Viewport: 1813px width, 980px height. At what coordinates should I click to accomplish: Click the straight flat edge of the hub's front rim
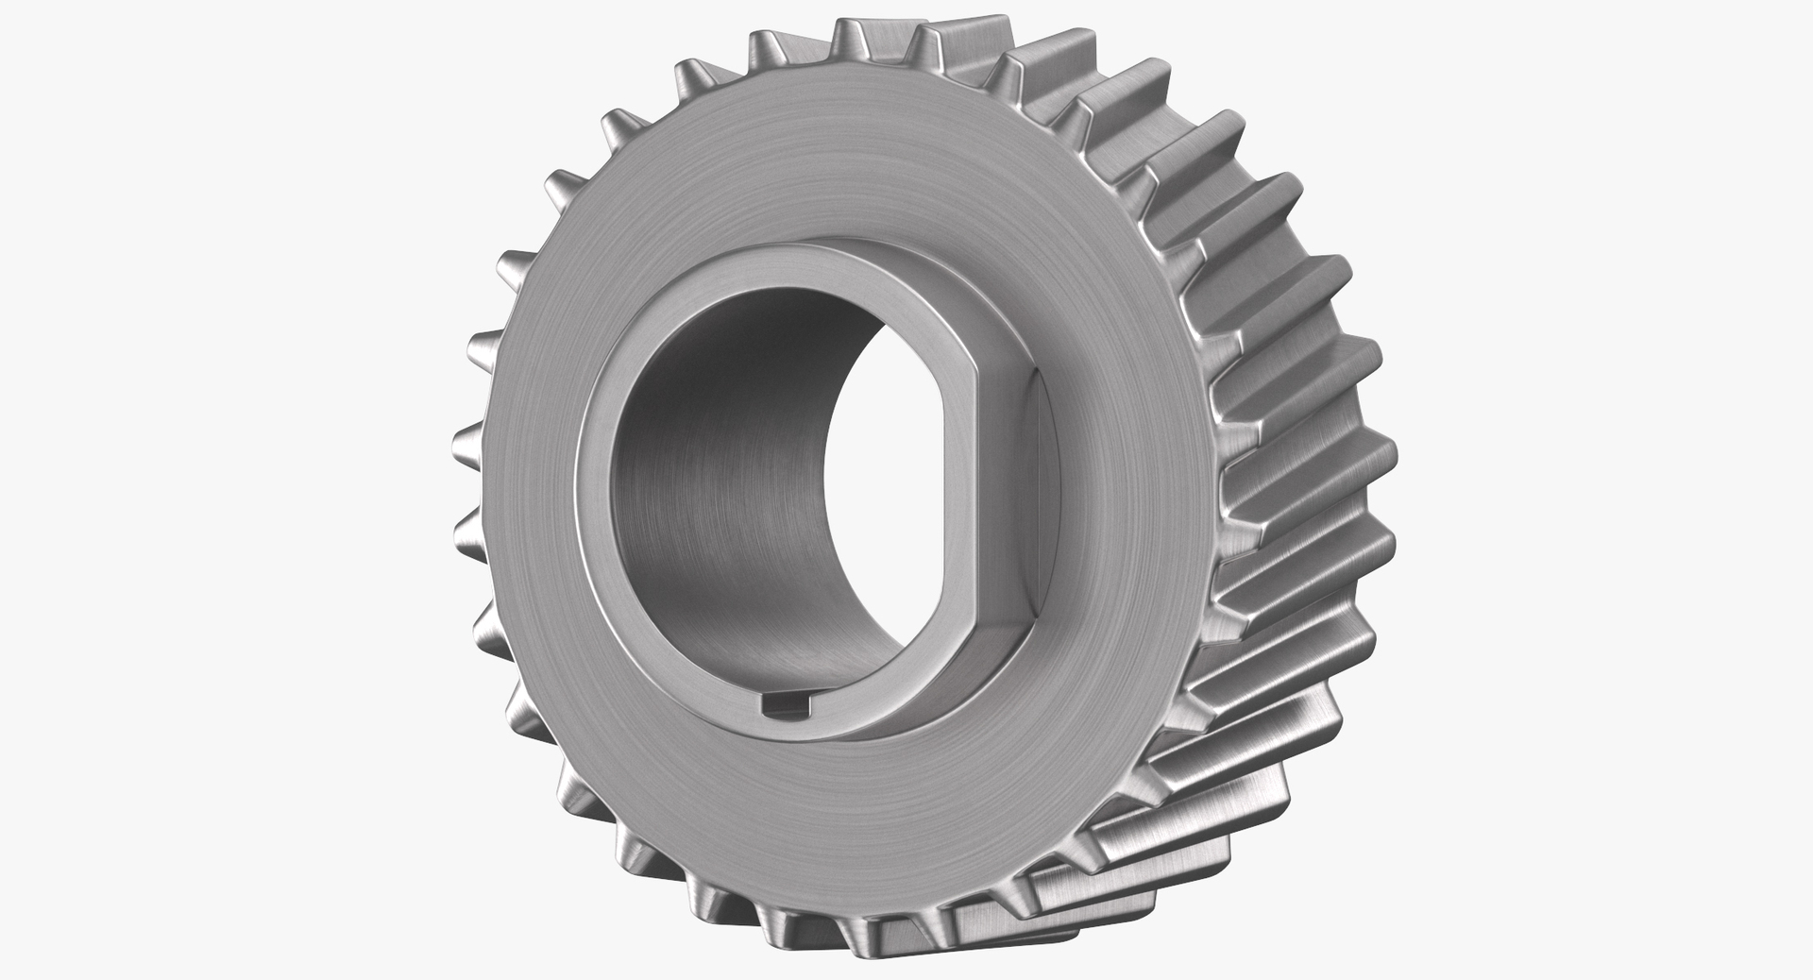[973, 491]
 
